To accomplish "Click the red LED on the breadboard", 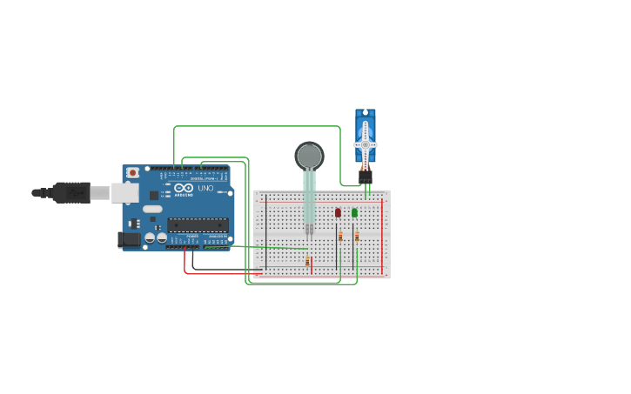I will tap(338, 212).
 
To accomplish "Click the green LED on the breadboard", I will tap(354, 212).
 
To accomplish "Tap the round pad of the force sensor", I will tap(308, 156).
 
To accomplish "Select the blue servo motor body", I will tap(366, 126).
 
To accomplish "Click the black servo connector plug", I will tap(366, 175).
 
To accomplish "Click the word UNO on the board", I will tap(205, 188).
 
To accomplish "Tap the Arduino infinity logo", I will tap(184, 189).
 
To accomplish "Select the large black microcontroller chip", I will tap(198, 224).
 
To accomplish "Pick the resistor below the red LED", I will tap(340, 236).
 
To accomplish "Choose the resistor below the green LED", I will tap(356, 236).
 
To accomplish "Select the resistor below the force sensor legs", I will tap(307, 260).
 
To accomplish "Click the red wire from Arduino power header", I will tap(218, 273).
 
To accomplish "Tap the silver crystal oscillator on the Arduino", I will tap(152, 209).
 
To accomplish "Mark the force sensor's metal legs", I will tap(308, 229).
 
